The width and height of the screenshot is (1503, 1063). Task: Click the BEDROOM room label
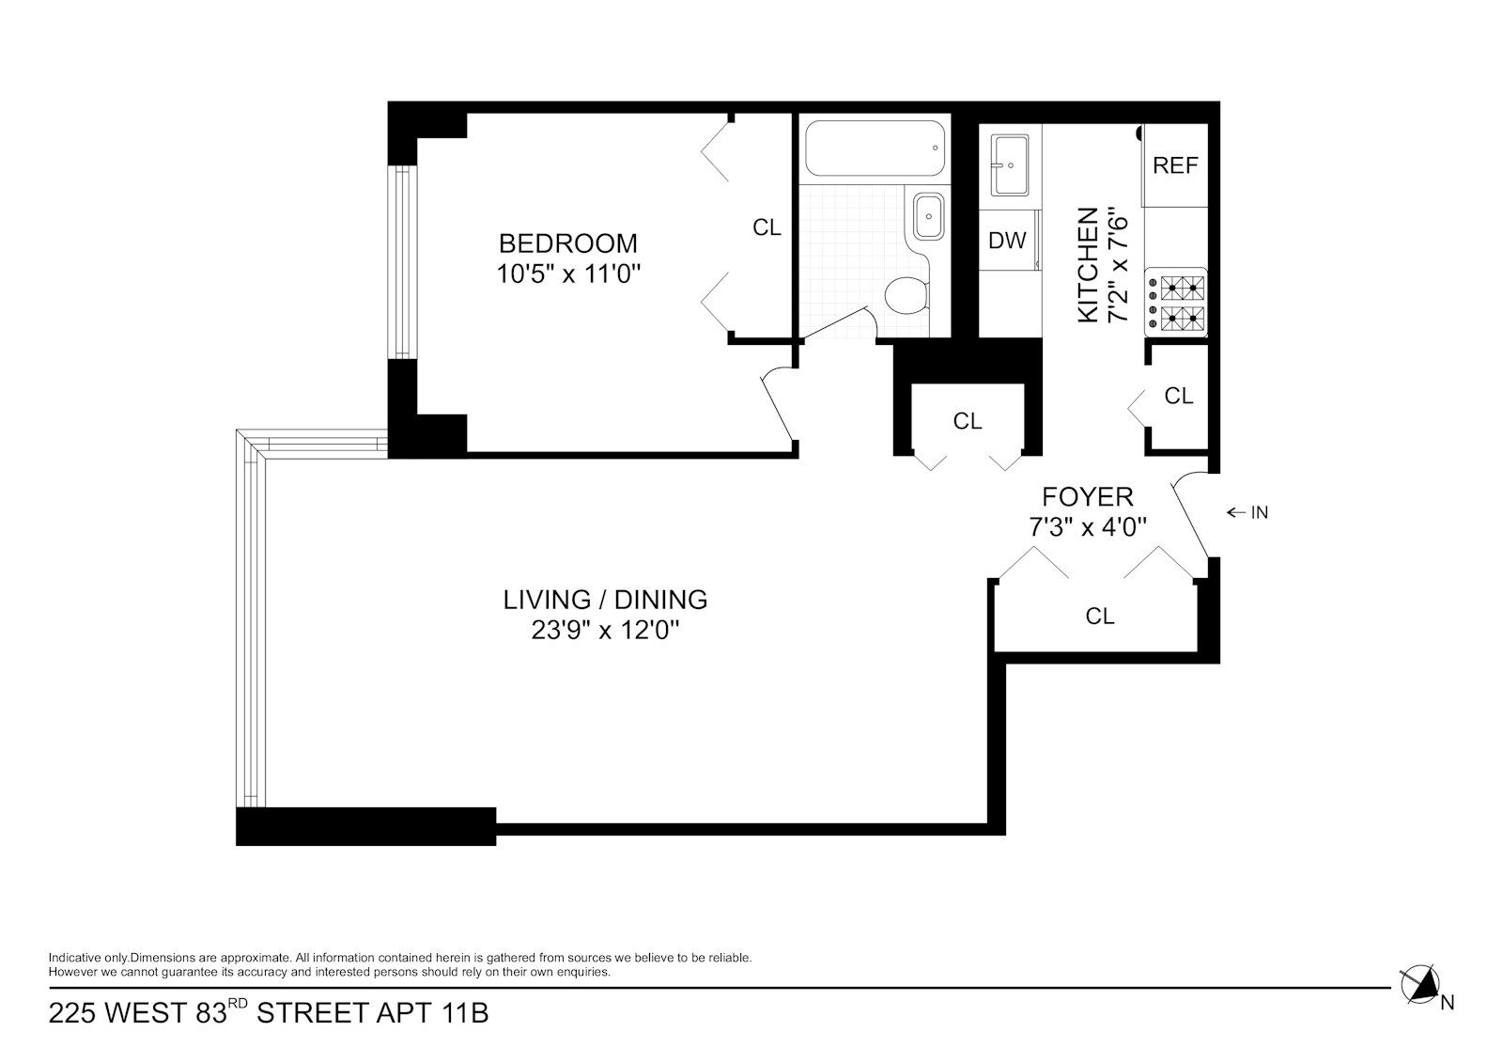pos(567,242)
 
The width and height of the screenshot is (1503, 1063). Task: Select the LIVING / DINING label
pos(605,599)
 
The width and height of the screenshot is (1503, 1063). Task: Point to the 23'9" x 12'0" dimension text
pos(605,631)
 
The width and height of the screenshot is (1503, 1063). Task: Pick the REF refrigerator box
pos(1175,165)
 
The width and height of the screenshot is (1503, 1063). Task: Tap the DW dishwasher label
pos(1007,240)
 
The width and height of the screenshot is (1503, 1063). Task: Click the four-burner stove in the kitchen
pos(1175,303)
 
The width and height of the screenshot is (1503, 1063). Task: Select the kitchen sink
pos(1010,165)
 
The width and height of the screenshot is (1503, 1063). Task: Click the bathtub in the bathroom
pos(875,149)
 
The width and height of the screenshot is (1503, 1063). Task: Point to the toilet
pos(906,295)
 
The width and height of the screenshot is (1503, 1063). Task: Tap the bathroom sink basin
pos(929,216)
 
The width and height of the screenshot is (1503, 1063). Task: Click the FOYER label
pos(1088,497)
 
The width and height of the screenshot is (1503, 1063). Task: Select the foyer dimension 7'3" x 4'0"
pos(1088,527)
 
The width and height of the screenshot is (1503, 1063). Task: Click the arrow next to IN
pos(1236,513)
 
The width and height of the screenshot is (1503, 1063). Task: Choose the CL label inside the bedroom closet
pos(767,227)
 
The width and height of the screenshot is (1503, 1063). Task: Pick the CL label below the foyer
pos(1100,616)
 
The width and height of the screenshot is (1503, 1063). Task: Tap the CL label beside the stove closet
pos(1179,397)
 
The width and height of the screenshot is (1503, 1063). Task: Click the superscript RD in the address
pos(239,1003)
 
